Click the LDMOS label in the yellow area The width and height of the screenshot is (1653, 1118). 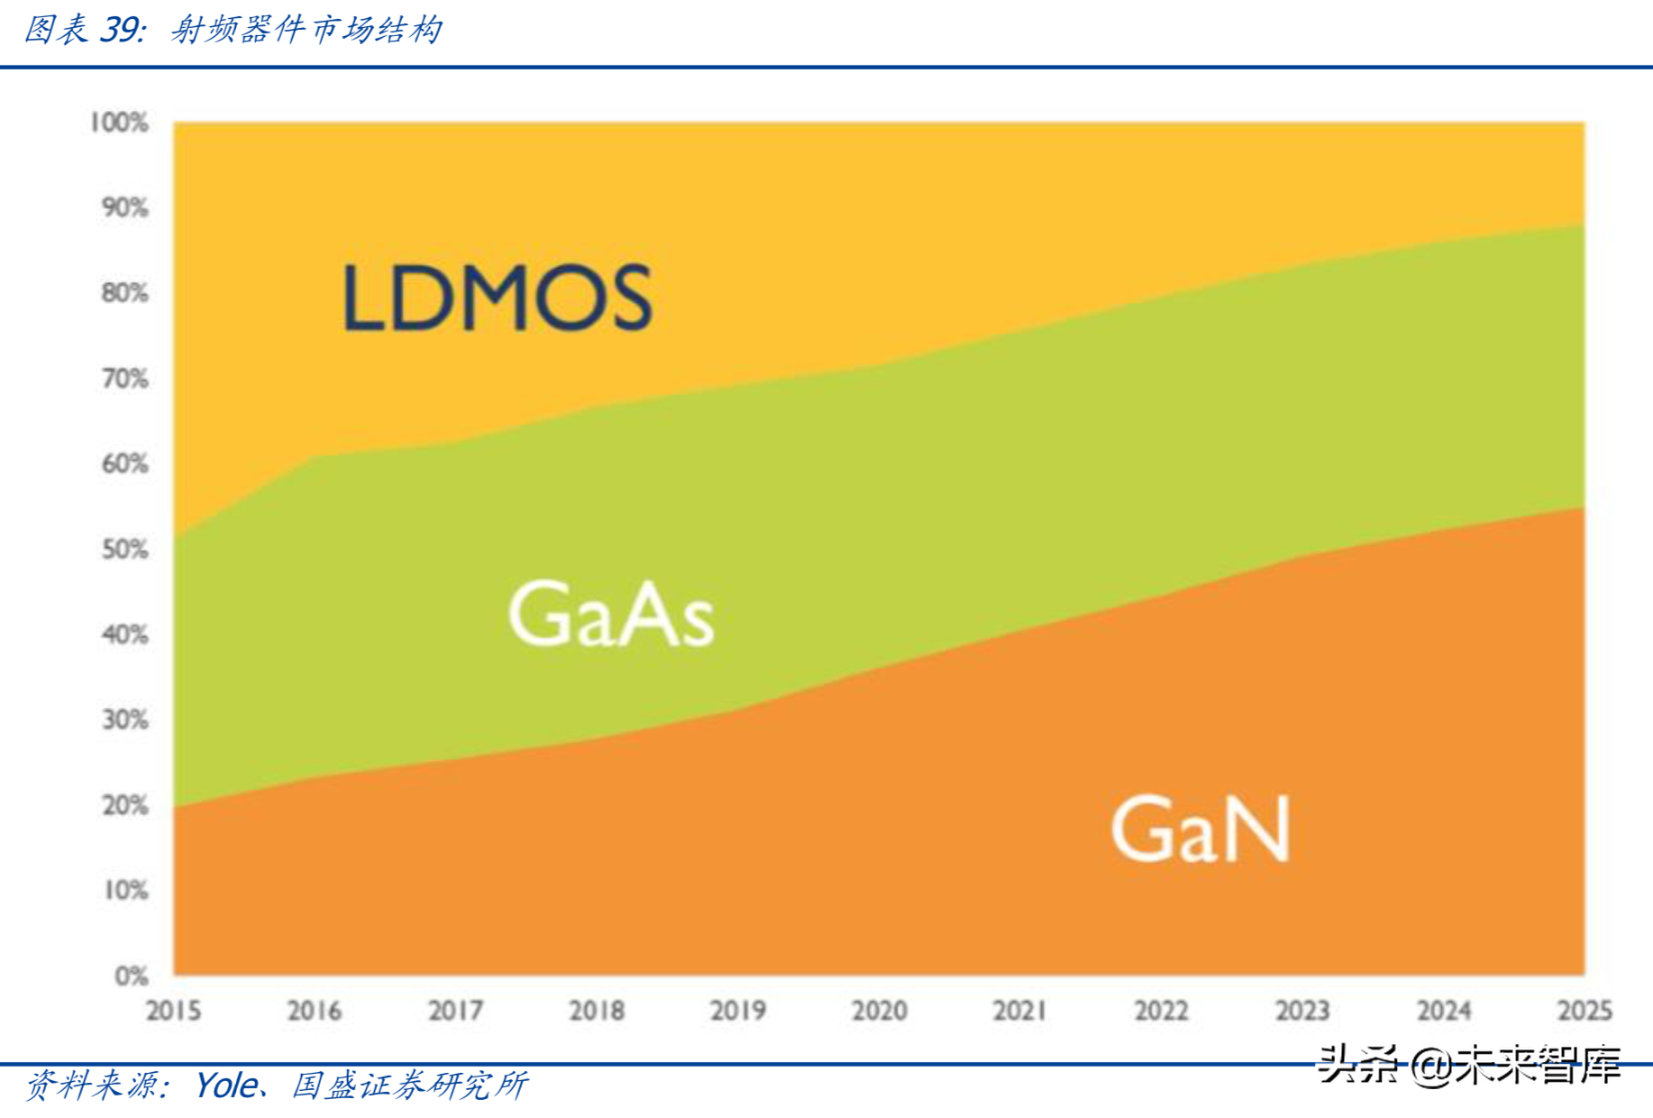pyautogui.click(x=497, y=298)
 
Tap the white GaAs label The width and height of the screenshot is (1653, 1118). pyautogui.click(x=611, y=614)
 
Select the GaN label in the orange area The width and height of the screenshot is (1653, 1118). pyautogui.click(x=1200, y=829)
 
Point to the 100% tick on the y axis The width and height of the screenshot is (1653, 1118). pyautogui.click(x=119, y=122)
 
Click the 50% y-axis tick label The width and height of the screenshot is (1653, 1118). pyautogui.click(x=124, y=549)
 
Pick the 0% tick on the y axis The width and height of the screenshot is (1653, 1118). pyautogui.click(x=131, y=976)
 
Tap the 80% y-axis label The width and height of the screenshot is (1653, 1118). pyautogui.click(x=124, y=293)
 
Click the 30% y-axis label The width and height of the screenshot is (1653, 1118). pyautogui.click(x=124, y=719)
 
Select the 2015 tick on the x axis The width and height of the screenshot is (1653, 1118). pyautogui.click(x=173, y=1011)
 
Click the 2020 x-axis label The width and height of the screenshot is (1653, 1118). pyautogui.click(x=879, y=1011)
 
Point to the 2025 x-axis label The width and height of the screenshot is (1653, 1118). pyautogui.click(x=1584, y=1011)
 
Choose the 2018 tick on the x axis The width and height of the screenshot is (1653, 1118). pyautogui.click(x=597, y=1011)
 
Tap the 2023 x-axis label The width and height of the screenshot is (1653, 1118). pyautogui.click(x=1301, y=1011)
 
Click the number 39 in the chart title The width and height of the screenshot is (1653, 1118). pyautogui.click(x=119, y=30)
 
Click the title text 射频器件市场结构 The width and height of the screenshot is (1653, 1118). pyautogui.click(x=306, y=30)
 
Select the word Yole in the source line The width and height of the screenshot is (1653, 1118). pyautogui.click(x=225, y=1085)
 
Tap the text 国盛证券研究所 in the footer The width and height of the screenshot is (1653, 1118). pyautogui.click(x=409, y=1085)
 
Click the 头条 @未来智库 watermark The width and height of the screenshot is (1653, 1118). pyautogui.click(x=1468, y=1065)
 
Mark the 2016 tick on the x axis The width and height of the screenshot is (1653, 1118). pyautogui.click(x=315, y=1011)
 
